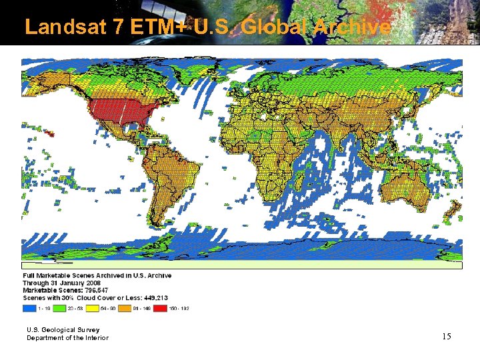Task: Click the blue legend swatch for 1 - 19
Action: pyautogui.click(x=30, y=309)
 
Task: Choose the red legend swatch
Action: pyautogui.click(x=161, y=309)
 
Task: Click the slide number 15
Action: pyautogui.click(x=446, y=337)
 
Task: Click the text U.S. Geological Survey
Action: pyautogui.click(x=63, y=330)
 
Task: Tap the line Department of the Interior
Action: pyautogui.click(x=67, y=338)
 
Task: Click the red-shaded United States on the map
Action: pyautogui.click(x=120, y=113)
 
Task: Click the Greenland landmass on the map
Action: pyautogui.click(x=183, y=73)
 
